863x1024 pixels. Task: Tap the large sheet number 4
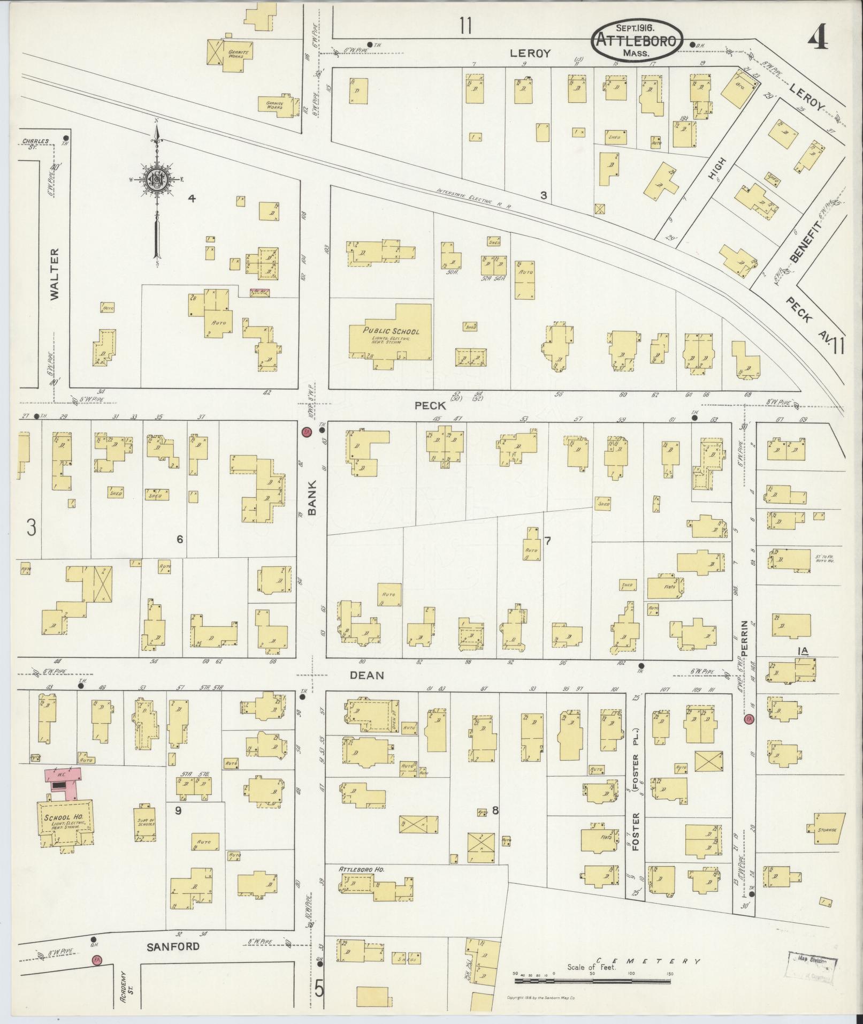[x=817, y=39]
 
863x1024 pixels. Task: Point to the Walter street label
[x=55, y=274]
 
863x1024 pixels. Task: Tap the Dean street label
[x=366, y=675]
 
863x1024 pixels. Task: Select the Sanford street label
[x=173, y=946]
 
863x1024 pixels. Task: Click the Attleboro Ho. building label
[x=362, y=870]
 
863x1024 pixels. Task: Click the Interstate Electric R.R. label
[x=474, y=198]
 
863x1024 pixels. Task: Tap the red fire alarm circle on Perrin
[x=749, y=720]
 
